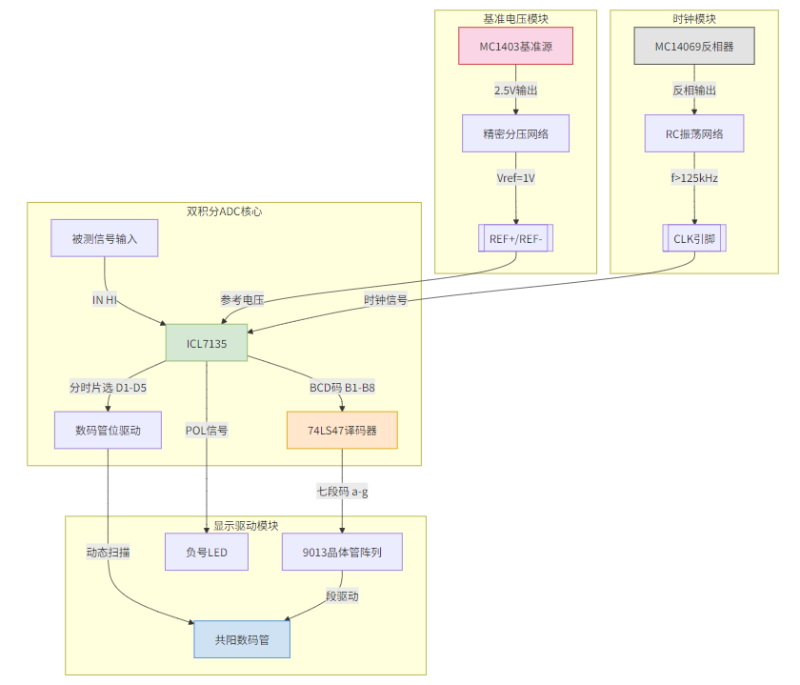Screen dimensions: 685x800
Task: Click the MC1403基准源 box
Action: coord(515,46)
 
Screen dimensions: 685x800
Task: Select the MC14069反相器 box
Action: coord(693,46)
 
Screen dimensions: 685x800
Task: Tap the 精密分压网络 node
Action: coord(515,133)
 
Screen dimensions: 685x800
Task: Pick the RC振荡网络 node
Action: coord(693,133)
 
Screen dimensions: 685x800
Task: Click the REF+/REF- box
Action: coord(515,239)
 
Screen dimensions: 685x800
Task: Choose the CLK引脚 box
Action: coord(693,239)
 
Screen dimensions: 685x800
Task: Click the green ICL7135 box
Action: coord(207,343)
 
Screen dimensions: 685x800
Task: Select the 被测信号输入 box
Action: coord(105,238)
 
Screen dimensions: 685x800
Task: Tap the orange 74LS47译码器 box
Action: coord(342,430)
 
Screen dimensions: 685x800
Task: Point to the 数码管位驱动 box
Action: coord(108,430)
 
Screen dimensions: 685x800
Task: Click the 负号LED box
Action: coord(207,552)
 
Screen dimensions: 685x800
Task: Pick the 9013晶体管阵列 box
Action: coord(342,552)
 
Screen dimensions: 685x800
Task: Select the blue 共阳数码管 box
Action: coord(242,639)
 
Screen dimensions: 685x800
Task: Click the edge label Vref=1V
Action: coord(515,177)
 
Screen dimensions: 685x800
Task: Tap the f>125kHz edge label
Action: coord(693,177)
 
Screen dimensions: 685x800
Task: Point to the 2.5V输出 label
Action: coord(515,91)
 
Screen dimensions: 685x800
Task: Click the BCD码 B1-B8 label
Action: coord(342,388)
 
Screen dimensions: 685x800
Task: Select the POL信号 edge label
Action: coord(207,431)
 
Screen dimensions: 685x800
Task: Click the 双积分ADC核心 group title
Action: coord(224,212)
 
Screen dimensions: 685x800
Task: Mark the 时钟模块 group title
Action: coord(693,19)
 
